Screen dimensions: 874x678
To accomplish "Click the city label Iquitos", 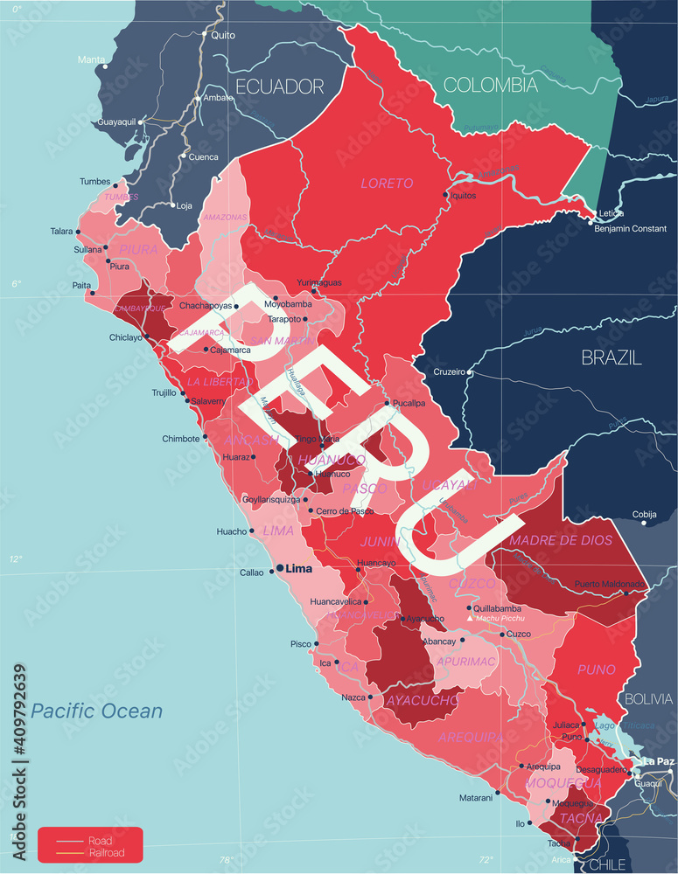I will [x=464, y=196].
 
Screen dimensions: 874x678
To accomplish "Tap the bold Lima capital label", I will [x=299, y=569].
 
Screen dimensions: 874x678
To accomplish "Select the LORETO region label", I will [x=386, y=184].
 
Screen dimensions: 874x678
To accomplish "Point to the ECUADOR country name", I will [x=279, y=87].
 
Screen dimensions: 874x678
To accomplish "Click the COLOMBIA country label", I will [x=490, y=85].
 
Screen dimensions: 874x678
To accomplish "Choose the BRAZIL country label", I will [x=612, y=357].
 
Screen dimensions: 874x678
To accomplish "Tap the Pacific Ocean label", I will [x=96, y=711].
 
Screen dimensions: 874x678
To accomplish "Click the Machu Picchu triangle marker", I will [x=470, y=619].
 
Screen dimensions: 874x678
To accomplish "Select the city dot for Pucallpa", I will [x=388, y=403].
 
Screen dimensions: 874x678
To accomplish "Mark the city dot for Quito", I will [x=206, y=35].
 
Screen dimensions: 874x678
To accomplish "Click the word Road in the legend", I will [x=99, y=841].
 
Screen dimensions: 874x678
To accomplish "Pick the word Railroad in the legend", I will [x=106, y=853].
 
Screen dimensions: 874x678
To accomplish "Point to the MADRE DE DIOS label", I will [x=561, y=540].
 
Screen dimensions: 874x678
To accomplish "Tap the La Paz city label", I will [x=658, y=761].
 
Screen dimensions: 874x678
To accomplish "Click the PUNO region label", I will [x=597, y=669].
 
